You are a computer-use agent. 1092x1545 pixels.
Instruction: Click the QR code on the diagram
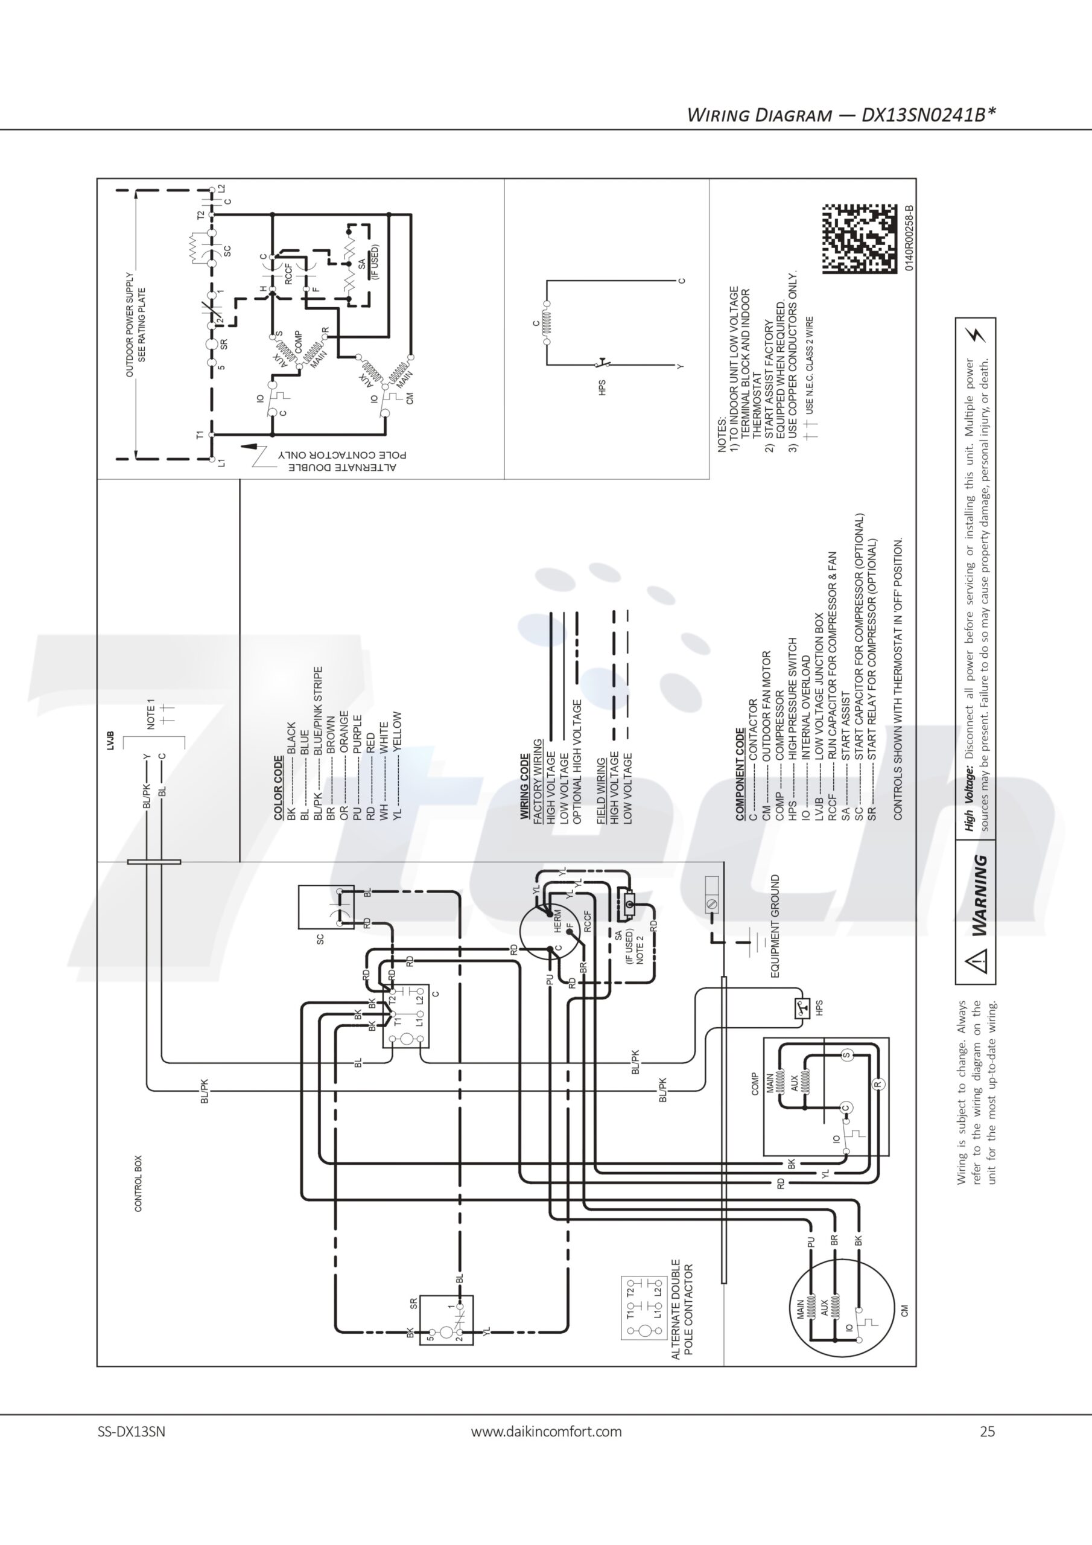click(859, 238)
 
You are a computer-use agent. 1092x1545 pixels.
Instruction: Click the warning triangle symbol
click(976, 960)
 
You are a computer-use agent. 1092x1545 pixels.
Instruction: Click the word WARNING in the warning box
click(980, 895)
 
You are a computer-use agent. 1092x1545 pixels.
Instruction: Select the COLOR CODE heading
click(279, 788)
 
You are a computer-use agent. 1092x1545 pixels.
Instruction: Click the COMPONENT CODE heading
click(740, 774)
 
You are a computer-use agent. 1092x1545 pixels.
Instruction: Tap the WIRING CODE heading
click(525, 786)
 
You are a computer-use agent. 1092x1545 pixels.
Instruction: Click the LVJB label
click(110, 740)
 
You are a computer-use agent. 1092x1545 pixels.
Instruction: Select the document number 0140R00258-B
click(909, 238)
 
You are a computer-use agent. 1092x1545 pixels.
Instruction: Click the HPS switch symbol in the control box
click(801, 1008)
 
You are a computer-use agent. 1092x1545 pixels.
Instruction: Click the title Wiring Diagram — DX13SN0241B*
click(841, 115)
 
